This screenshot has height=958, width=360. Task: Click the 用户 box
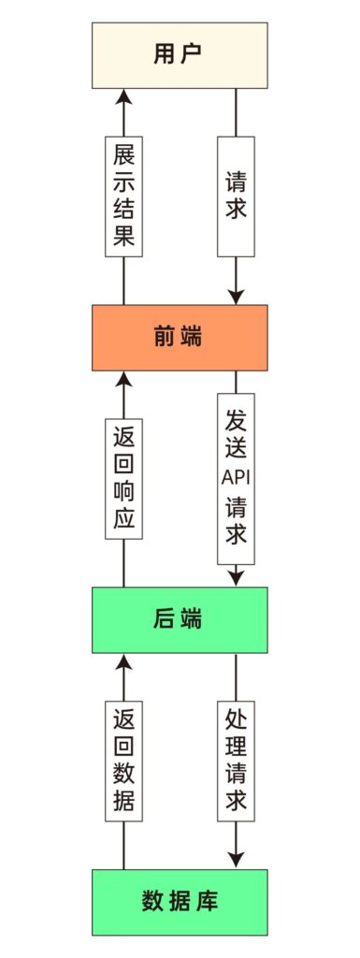pyautogui.click(x=179, y=55)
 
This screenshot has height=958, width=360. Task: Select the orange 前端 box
pyautogui.click(x=179, y=337)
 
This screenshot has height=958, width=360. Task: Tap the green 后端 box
pyautogui.click(x=179, y=619)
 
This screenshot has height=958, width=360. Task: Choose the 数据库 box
pyautogui.click(x=179, y=902)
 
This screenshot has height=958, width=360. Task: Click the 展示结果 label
pyautogui.click(x=123, y=196)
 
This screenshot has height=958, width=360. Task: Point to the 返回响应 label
pyautogui.click(x=123, y=478)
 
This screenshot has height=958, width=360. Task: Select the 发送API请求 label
pyautogui.click(x=236, y=478)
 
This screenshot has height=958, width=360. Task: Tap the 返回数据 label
pyautogui.click(x=123, y=761)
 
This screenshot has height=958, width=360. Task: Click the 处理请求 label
pyautogui.click(x=236, y=761)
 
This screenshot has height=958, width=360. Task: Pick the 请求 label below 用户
pyautogui.click(x=236, y=196)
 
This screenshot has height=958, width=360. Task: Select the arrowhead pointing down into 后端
pyautogui.click(x=236, y=577)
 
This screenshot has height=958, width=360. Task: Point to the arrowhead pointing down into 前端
pyautogui.click(x=236, y=296)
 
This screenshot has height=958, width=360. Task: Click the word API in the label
pyautogui.click(x=236, y=476)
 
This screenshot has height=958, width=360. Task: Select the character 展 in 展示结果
pyautogui.click(x=123, y=153)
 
